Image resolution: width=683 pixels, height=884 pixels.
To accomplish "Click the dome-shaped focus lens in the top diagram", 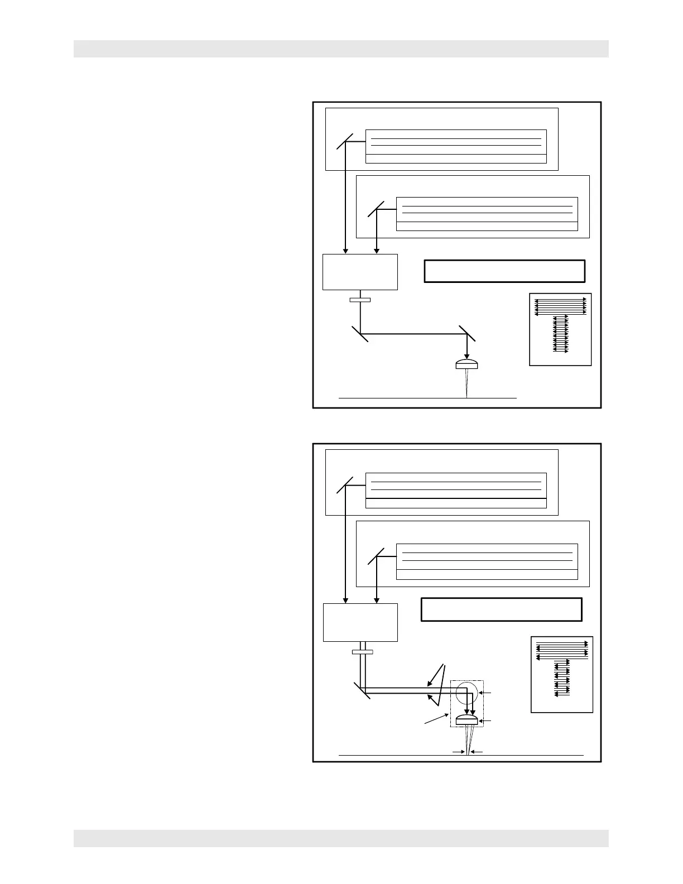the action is [466, 364].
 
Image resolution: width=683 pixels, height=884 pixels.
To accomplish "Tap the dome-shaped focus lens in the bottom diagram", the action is [467, 720].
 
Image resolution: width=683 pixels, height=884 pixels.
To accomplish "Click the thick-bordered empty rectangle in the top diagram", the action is [504, 271].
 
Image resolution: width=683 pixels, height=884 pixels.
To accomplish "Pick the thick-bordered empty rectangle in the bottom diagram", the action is [501, 609].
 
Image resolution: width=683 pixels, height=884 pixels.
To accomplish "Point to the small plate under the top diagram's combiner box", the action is [360, 300].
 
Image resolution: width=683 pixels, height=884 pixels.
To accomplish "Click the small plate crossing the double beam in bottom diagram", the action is [363, 651].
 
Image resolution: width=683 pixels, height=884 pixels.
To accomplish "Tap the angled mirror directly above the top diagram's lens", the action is [466, 334].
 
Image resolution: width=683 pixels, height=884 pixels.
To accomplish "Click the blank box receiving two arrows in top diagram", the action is [360, 272].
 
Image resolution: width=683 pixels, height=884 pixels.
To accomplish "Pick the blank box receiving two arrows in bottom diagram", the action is [360, 622].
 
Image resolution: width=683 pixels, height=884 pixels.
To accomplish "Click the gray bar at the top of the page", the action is [341, 49].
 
